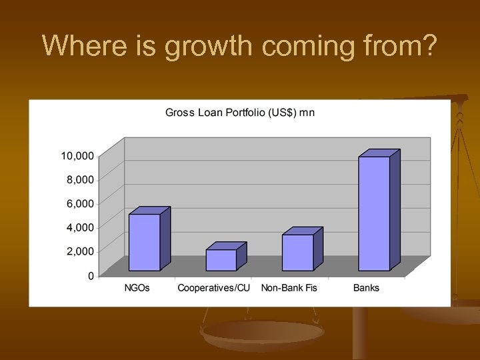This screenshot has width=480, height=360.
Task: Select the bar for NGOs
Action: [144, 242]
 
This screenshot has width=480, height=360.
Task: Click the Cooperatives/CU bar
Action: [221, 260]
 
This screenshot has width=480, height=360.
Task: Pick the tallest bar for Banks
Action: [374, 213]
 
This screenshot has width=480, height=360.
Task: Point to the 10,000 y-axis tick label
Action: [77, 156]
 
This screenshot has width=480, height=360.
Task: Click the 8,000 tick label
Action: [80, 180]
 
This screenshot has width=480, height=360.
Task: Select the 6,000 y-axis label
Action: [80, 204]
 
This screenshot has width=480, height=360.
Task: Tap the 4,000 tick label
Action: [80, 227]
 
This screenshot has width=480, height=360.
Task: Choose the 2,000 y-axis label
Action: [80, 251]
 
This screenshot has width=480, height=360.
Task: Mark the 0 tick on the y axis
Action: [91, 276]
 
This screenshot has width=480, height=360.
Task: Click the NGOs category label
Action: [137, 288]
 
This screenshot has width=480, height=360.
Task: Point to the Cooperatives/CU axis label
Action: [213, 288]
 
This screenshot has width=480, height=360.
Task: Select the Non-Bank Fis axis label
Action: [290, 288]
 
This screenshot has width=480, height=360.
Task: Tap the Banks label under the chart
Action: [366, 288]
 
